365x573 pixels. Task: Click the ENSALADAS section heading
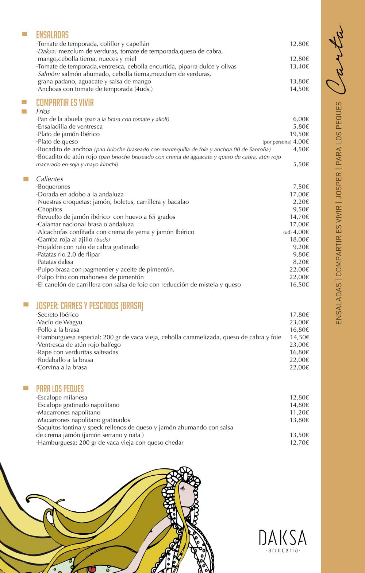coord(52,35)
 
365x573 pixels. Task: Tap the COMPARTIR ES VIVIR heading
coord(65,103)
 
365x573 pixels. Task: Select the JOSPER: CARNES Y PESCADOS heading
coord(89,305)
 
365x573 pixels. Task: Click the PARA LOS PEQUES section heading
coord(60,389)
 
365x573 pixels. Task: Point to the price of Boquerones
coord(301,187)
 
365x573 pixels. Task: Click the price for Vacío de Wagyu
coord(299,322)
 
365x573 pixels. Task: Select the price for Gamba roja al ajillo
coord(299,239)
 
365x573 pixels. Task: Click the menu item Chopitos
coord(50,210)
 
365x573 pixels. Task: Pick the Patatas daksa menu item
coord(55,262)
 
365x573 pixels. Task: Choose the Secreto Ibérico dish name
coord(58,315)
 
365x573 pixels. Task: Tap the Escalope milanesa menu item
coord(62,398)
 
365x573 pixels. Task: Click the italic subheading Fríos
coord(43,112)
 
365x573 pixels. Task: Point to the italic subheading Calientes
coord(49,179)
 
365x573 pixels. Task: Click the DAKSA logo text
coord(283,538)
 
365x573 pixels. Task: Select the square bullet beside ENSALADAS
coord(25,34)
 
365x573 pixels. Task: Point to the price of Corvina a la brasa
coord(299,367)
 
